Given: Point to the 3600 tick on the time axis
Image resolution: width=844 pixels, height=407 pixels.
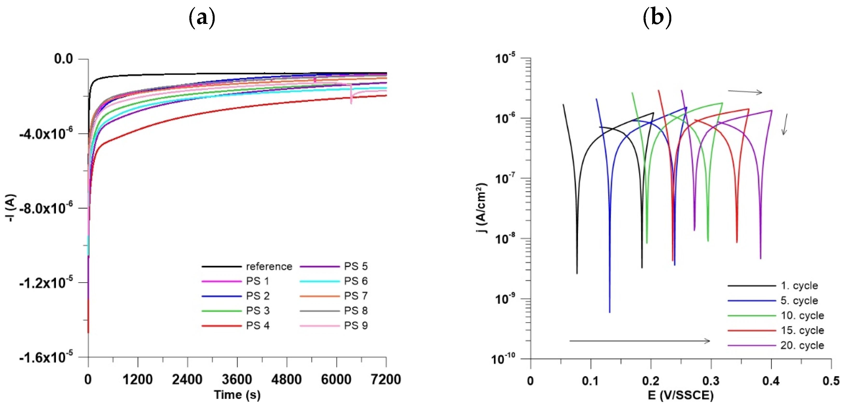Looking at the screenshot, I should [237, 379].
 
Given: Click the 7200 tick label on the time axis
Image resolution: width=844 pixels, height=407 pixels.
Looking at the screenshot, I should [386, 379].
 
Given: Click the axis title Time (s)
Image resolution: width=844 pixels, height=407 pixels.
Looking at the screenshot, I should [237, 394].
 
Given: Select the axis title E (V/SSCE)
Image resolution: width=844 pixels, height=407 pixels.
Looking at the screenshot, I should [680, 395].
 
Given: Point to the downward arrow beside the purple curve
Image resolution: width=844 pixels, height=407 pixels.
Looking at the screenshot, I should [785, 124].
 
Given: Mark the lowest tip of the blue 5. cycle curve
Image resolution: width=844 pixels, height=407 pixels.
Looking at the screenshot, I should [609, 312].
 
